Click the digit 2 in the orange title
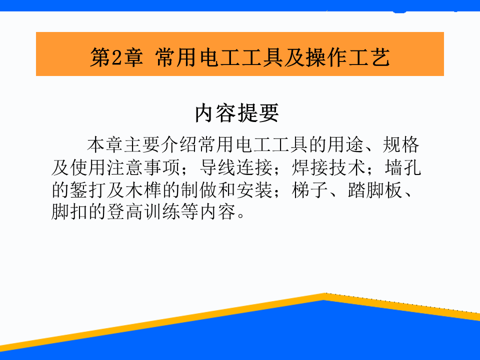(117, 57)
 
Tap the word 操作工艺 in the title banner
(348, 57)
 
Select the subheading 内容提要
(237, 113)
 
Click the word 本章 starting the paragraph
(105, 145)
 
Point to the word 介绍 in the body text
(179, 145)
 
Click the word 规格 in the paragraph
(400, 145)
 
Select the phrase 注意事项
(143, 167)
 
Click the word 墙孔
(402, 167)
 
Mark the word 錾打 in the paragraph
(88, 190)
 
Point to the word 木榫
(143, 190)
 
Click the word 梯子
(310, 190)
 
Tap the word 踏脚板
(375, 190)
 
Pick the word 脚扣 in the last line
(69, 212)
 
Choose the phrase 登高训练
(143, 212)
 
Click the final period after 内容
(240, 215)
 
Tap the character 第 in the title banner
(100, 57)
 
